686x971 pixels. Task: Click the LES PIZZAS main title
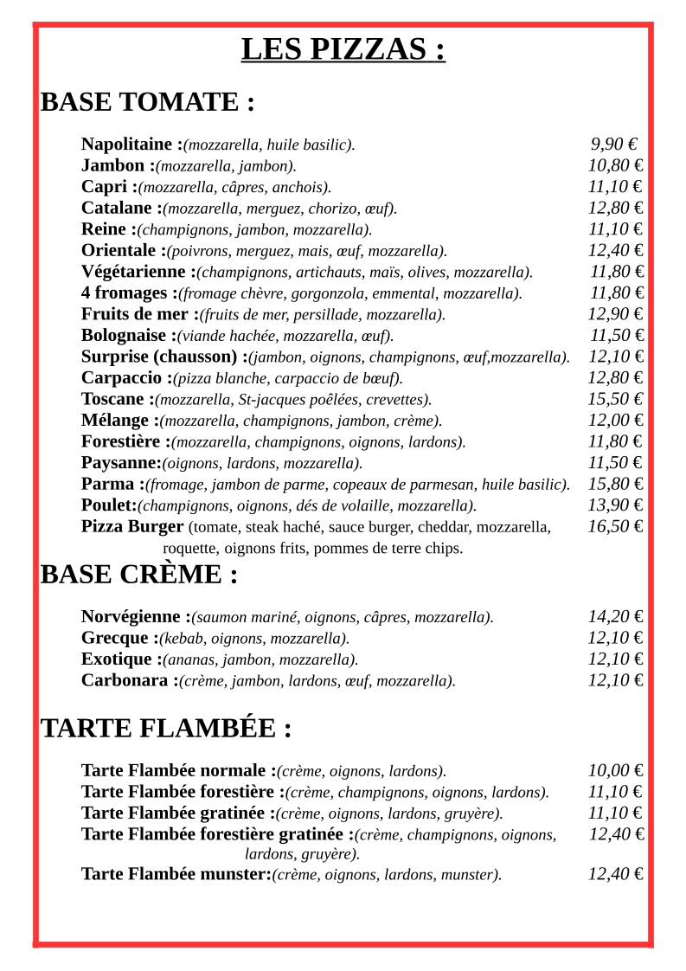(343, 49)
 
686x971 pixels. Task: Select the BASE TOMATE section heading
(147, 102)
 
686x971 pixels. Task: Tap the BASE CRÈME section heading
(138, 575)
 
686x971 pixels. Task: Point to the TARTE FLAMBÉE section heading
(165, 729)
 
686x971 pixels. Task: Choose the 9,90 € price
(614, 145)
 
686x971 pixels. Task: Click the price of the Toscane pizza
(615, 399)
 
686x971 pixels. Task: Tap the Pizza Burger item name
(132, 526)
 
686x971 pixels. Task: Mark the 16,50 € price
(615, 526)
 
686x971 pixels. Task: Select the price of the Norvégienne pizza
(615, 617)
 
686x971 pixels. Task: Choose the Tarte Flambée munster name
(176, 874)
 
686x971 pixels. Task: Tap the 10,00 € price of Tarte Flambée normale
(615, 771)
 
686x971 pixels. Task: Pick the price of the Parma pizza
(615, 484)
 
